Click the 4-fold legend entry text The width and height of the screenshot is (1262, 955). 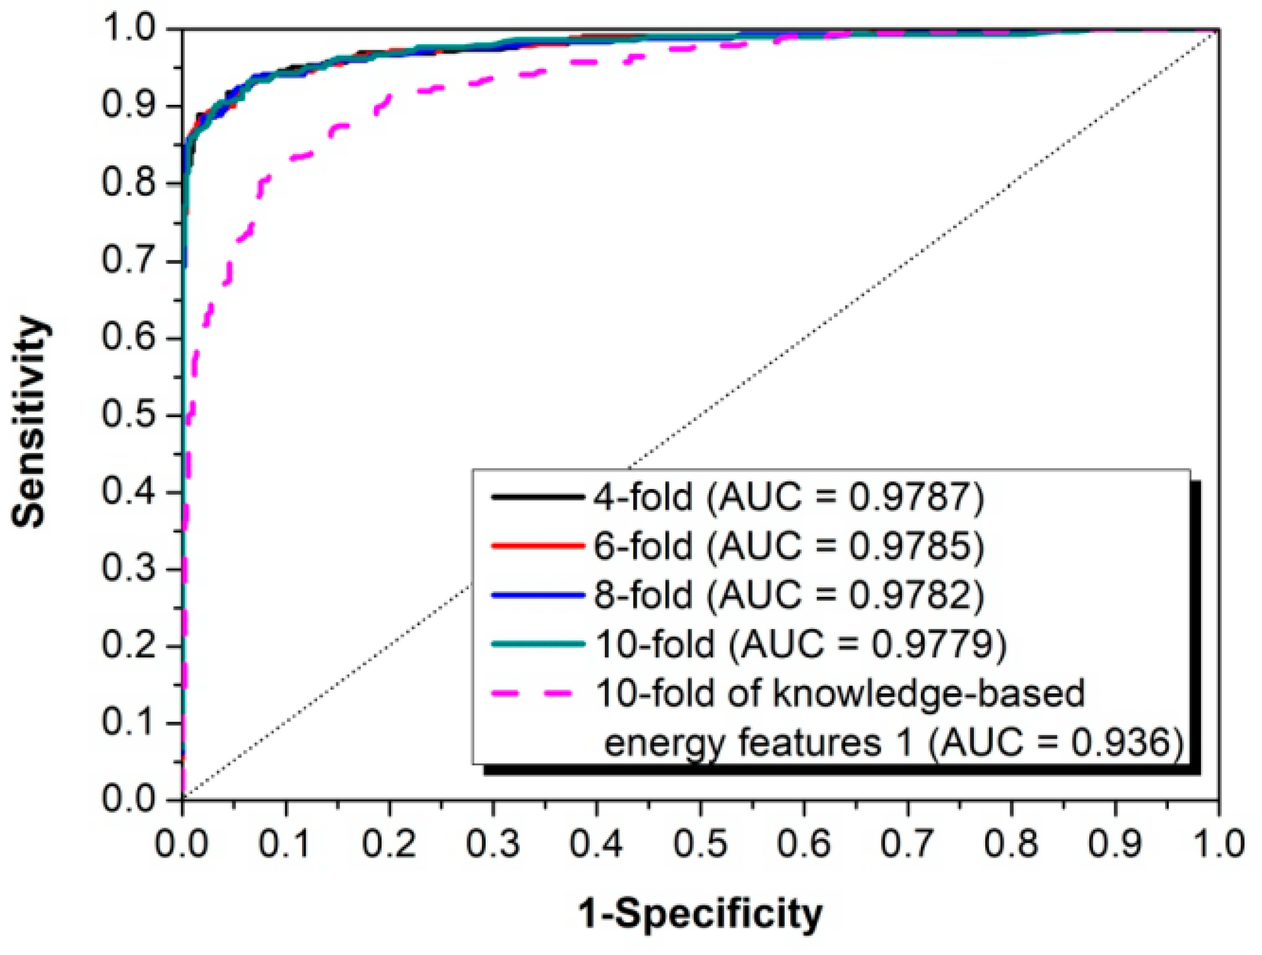tap(789, 497)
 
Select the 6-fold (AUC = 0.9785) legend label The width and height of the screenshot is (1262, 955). tap(789, 546)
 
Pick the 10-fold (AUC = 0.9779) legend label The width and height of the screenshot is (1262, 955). tap(800, 644)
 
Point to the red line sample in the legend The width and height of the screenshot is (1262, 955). tap(537, 546)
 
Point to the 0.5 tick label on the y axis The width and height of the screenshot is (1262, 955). tap(129, 415)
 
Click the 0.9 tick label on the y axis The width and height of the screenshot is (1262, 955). tap(129, 106)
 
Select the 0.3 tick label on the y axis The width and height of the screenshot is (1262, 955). tap(129, 569)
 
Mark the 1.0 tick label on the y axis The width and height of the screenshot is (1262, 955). tap(129, 29)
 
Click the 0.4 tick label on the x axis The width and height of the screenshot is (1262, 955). tap(597, 843)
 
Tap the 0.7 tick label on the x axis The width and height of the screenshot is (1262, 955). tap(908, 843)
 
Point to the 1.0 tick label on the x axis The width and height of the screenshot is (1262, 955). tap(1219, 843)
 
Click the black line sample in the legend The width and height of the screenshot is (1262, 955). tap(537, 497)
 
